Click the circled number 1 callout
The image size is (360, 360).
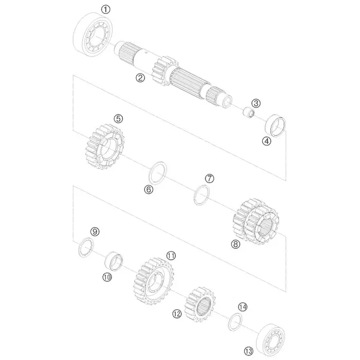coord(105,10)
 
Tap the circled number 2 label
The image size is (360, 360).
coord(140,78)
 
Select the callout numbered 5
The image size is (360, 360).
coord(118,119)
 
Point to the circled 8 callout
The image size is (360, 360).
coord(236,244)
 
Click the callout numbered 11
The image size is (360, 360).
coord(171,256)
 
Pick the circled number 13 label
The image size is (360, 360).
coord(248,351)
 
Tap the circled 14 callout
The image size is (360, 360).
coord(243,307)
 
